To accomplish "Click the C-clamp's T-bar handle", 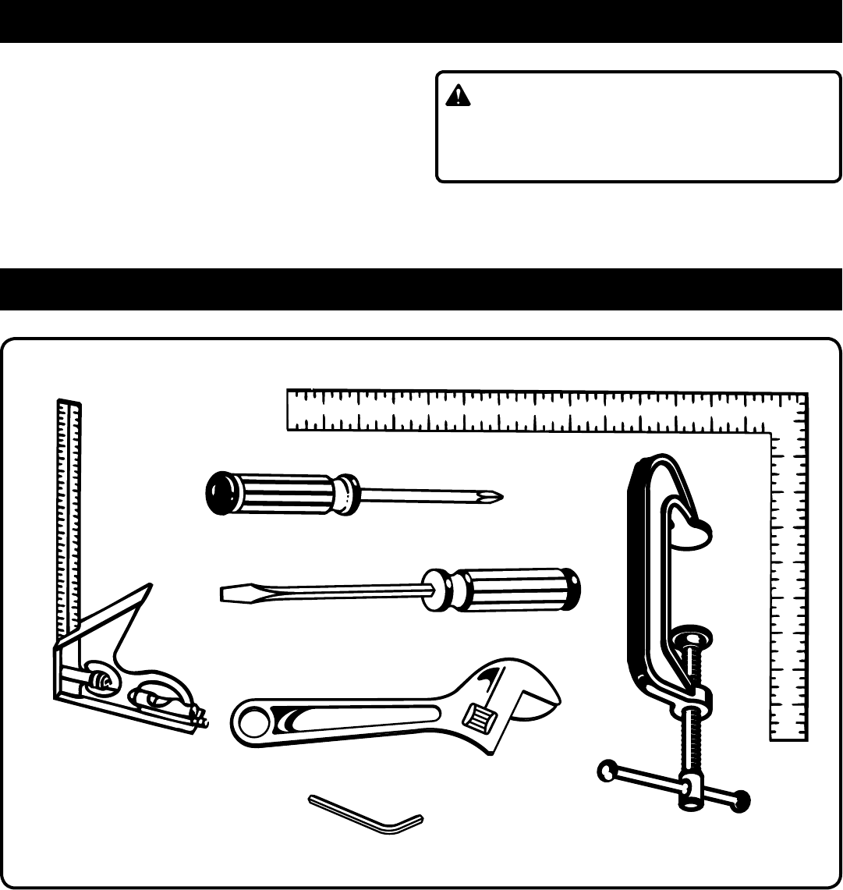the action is (671, 785).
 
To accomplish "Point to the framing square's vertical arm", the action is (789, 593).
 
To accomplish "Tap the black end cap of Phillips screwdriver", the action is (218, 493).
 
